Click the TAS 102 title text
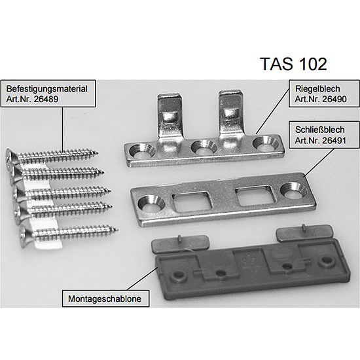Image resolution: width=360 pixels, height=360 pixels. coord(293,64)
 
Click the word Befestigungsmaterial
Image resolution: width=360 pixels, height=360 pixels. coord(47,89)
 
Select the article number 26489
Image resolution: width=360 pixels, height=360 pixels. coord(46,99)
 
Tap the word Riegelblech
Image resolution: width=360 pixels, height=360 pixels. coord(317,89)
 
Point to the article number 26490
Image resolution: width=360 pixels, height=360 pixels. coord(334,99)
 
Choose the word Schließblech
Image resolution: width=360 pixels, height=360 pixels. coord(320,130)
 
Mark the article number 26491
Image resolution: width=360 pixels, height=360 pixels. coord(334,140)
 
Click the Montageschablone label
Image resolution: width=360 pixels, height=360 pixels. coord(105,298)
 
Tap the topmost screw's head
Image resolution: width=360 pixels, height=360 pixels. coord(9,156)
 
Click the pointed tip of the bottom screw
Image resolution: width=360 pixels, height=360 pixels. coord(117,229)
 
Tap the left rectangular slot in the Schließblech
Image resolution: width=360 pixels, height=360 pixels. coord(191,202)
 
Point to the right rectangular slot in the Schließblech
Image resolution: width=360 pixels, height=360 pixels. coord(255,195)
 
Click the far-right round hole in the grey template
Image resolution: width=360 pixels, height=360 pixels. coord(327,261)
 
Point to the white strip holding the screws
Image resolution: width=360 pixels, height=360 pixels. coord(44,207)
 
